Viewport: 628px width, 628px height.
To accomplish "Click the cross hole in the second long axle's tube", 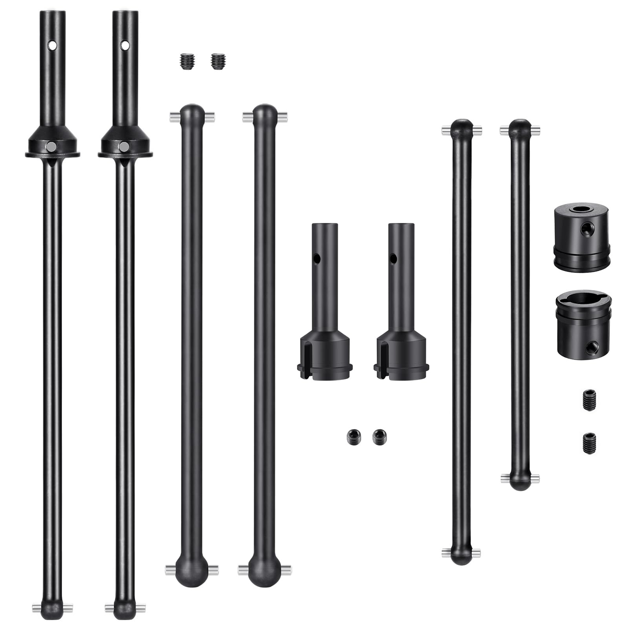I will [124, 46].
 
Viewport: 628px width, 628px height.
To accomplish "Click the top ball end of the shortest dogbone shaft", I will [520, 128].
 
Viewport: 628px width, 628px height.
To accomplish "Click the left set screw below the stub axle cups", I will [352, 437].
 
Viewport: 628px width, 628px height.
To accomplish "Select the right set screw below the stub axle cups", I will [379, 436].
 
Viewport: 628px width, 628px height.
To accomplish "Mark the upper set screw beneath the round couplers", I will [588, 400].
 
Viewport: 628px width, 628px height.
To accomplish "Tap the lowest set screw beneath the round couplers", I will [588, 443].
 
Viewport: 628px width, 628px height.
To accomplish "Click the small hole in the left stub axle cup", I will [317, 259].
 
